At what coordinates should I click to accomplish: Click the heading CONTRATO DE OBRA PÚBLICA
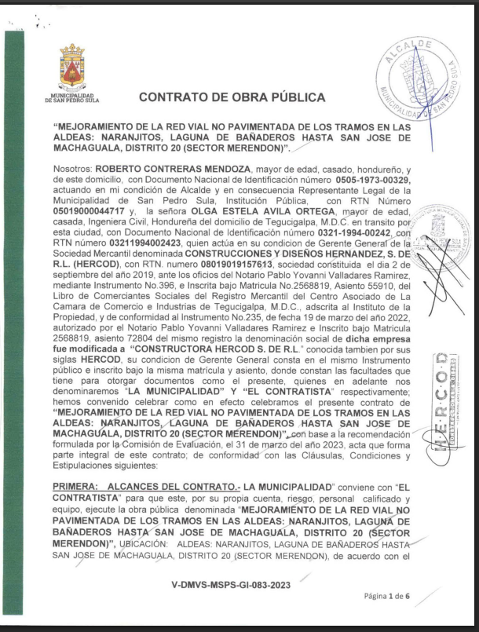coord(231,97)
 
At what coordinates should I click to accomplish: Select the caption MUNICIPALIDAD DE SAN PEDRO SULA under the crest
coord(71,99)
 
